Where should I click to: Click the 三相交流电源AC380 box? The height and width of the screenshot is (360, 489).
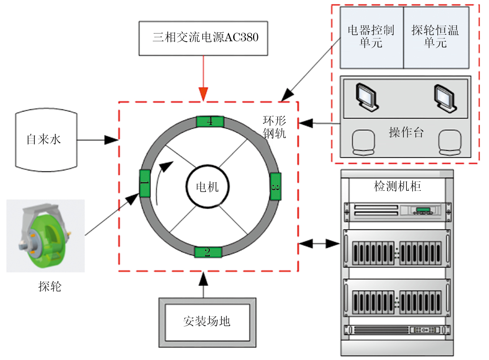(203, 38)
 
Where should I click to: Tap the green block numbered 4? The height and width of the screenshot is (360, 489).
(210, 121)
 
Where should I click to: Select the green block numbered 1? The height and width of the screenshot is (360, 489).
(145, 183)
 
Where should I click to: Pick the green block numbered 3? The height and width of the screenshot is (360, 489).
(275, 187)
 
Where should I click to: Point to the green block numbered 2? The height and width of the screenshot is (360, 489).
(208, 252)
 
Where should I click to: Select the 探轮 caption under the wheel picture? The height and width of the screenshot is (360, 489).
(50, 286)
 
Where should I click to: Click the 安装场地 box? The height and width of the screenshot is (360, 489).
(207, 321)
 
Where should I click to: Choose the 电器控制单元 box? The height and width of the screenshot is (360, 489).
(371, 37)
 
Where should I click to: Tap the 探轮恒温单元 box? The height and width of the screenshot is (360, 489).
(436, 37)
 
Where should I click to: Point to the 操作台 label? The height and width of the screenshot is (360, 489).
(406, 133)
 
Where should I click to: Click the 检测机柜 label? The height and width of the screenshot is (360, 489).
(398, 187)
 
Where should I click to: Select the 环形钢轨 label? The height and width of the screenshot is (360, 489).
(275, 127)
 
